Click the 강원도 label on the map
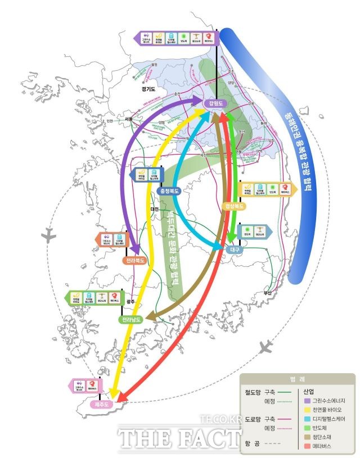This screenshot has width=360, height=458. (x=216, y=104)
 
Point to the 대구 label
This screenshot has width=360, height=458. (x=235, y=249)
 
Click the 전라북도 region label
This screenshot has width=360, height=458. (x=136, y=261)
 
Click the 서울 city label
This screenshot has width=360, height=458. (x=129, y=119)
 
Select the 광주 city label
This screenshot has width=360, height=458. (x=130, y=302)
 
